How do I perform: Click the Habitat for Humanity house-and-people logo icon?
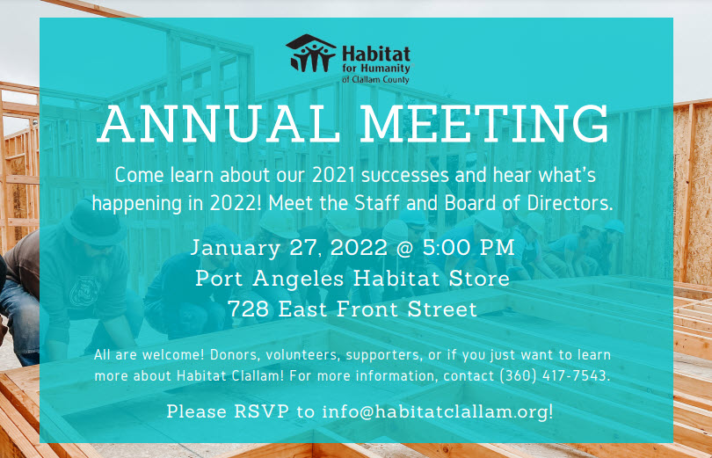311,53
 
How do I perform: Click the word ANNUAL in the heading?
218,124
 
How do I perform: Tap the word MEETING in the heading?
485,124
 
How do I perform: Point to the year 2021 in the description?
333,175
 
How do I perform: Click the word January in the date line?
236,248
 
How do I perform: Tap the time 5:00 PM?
469,248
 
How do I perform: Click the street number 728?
248,309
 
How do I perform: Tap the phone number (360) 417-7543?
554,376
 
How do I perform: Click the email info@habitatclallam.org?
437,411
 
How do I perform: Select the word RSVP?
262,411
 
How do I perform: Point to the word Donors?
233,355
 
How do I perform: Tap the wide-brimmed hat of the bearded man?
94,224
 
